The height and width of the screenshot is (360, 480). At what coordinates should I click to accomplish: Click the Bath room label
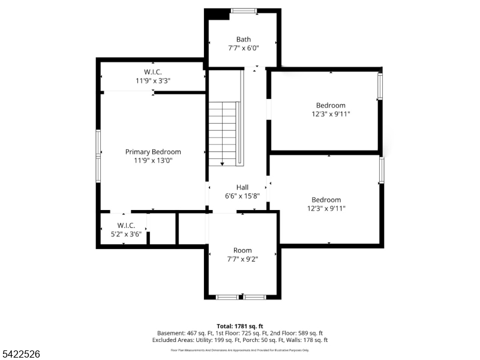(x=243, y=40)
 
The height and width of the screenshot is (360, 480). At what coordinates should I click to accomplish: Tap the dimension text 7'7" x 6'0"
(x=243, y=48)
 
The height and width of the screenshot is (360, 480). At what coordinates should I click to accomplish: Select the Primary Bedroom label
(x=153, y=152)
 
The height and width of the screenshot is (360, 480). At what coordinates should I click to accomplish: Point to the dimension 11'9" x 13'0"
(x=153, y=160)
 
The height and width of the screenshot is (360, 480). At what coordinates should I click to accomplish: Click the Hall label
(x=242, y=187)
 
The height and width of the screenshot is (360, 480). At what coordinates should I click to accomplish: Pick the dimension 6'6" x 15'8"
(x=242, y=196)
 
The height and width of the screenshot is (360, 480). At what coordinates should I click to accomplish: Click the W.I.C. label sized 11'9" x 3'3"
(x=152, y=72)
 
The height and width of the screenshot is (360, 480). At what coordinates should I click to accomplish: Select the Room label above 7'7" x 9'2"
(x=242, y=250)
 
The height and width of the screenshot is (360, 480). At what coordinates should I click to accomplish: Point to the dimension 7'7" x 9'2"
(x=242, y=259)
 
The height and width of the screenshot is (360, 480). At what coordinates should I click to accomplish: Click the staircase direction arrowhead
(x=223, y=163)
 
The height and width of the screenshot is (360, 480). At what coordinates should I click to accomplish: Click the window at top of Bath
(x=244, y=10)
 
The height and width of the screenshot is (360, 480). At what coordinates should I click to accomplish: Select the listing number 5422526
(x=20, y=355)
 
